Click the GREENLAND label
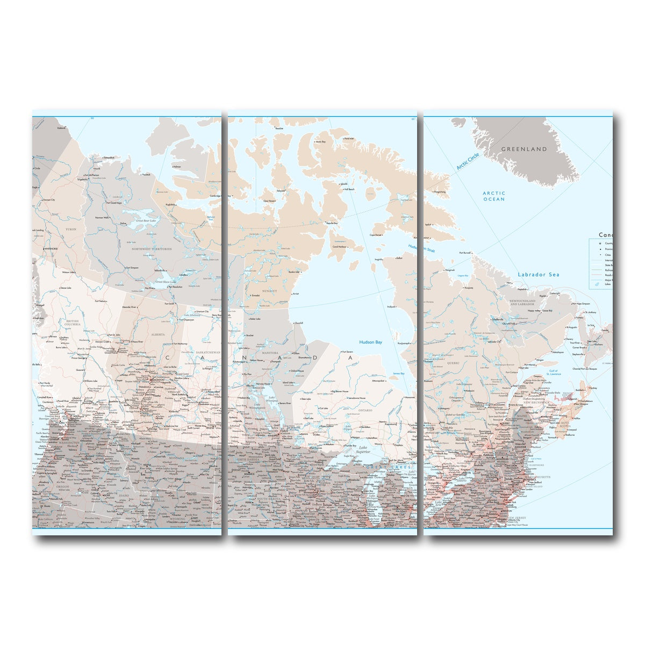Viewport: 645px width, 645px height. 524,149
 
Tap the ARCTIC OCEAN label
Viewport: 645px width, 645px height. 493,196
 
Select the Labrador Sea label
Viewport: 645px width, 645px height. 538,275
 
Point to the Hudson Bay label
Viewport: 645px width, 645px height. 370,342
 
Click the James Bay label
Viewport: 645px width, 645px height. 398,373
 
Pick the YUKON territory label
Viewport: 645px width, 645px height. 71,229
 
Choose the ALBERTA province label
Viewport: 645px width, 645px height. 158,334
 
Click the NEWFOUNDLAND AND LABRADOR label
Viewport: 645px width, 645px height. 522,303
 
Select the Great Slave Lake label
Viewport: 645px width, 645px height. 166,282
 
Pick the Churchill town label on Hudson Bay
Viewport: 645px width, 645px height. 298,323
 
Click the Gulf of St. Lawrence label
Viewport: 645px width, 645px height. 554,372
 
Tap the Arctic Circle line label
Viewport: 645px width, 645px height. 467,161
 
